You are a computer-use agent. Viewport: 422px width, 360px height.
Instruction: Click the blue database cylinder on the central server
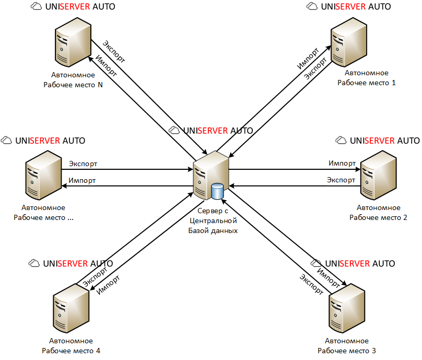tap(217, 191)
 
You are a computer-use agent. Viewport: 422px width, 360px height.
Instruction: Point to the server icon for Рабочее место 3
tap(346, 311)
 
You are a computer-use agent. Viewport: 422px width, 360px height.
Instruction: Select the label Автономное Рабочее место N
tap(73, 80)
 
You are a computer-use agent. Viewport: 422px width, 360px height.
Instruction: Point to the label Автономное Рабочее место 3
tap(346, 345)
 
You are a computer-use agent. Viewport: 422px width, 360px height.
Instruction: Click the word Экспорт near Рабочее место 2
tap(341, 180)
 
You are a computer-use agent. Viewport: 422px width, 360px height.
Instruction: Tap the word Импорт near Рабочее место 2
tap(343, 164)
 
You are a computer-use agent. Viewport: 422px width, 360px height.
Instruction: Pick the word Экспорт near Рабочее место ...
tap(83, 164)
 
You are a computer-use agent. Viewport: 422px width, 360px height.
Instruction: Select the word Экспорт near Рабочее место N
tap(113, 51)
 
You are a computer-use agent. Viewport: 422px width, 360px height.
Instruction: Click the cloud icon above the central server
tap(175, 131)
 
